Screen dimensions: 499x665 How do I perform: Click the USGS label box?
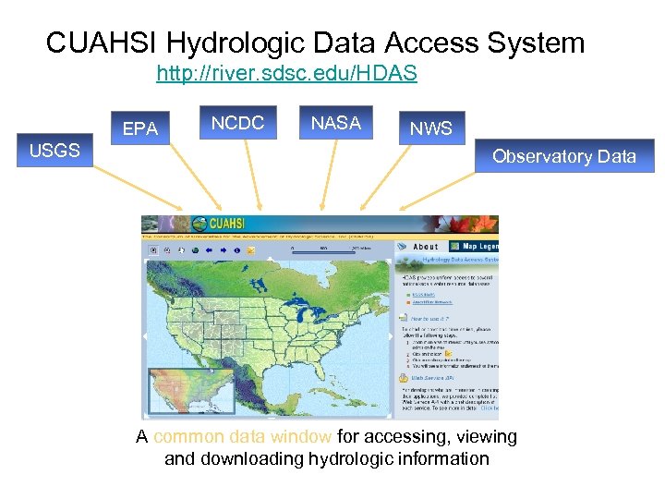54,150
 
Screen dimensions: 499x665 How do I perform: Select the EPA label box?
140,128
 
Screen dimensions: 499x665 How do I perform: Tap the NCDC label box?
237,123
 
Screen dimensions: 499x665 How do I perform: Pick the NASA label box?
335,123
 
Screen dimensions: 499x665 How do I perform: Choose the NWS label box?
431,128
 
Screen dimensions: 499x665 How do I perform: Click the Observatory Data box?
563,156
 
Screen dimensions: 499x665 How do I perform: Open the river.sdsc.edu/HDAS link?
286,73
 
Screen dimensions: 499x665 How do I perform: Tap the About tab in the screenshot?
425,247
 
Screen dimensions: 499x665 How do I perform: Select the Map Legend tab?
477,247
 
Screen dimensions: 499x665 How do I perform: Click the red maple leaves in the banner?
481,225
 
